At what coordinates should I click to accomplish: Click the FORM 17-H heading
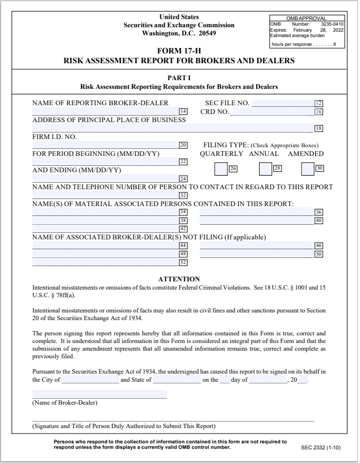point(179,51)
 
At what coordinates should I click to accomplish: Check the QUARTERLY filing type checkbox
point(221,169)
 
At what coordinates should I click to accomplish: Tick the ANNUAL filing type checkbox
point(266,169)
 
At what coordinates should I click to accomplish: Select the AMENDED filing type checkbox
point(308,169)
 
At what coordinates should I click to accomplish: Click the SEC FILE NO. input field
point(283,103)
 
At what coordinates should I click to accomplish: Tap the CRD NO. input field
point(272,112)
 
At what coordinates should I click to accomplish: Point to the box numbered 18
point(319,128)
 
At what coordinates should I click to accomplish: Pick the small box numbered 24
point(183,178)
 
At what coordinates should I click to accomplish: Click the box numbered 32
point(183,195)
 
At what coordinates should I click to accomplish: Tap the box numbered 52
point(183,262)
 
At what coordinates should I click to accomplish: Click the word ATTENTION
point(179,279)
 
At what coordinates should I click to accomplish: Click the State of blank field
point(176,380)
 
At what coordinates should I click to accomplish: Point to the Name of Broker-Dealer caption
point(65,403)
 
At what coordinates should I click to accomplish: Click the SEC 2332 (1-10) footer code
point(322,447)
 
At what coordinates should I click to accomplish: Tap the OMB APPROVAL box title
point(306,18)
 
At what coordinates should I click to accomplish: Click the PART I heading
point(179,78)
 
